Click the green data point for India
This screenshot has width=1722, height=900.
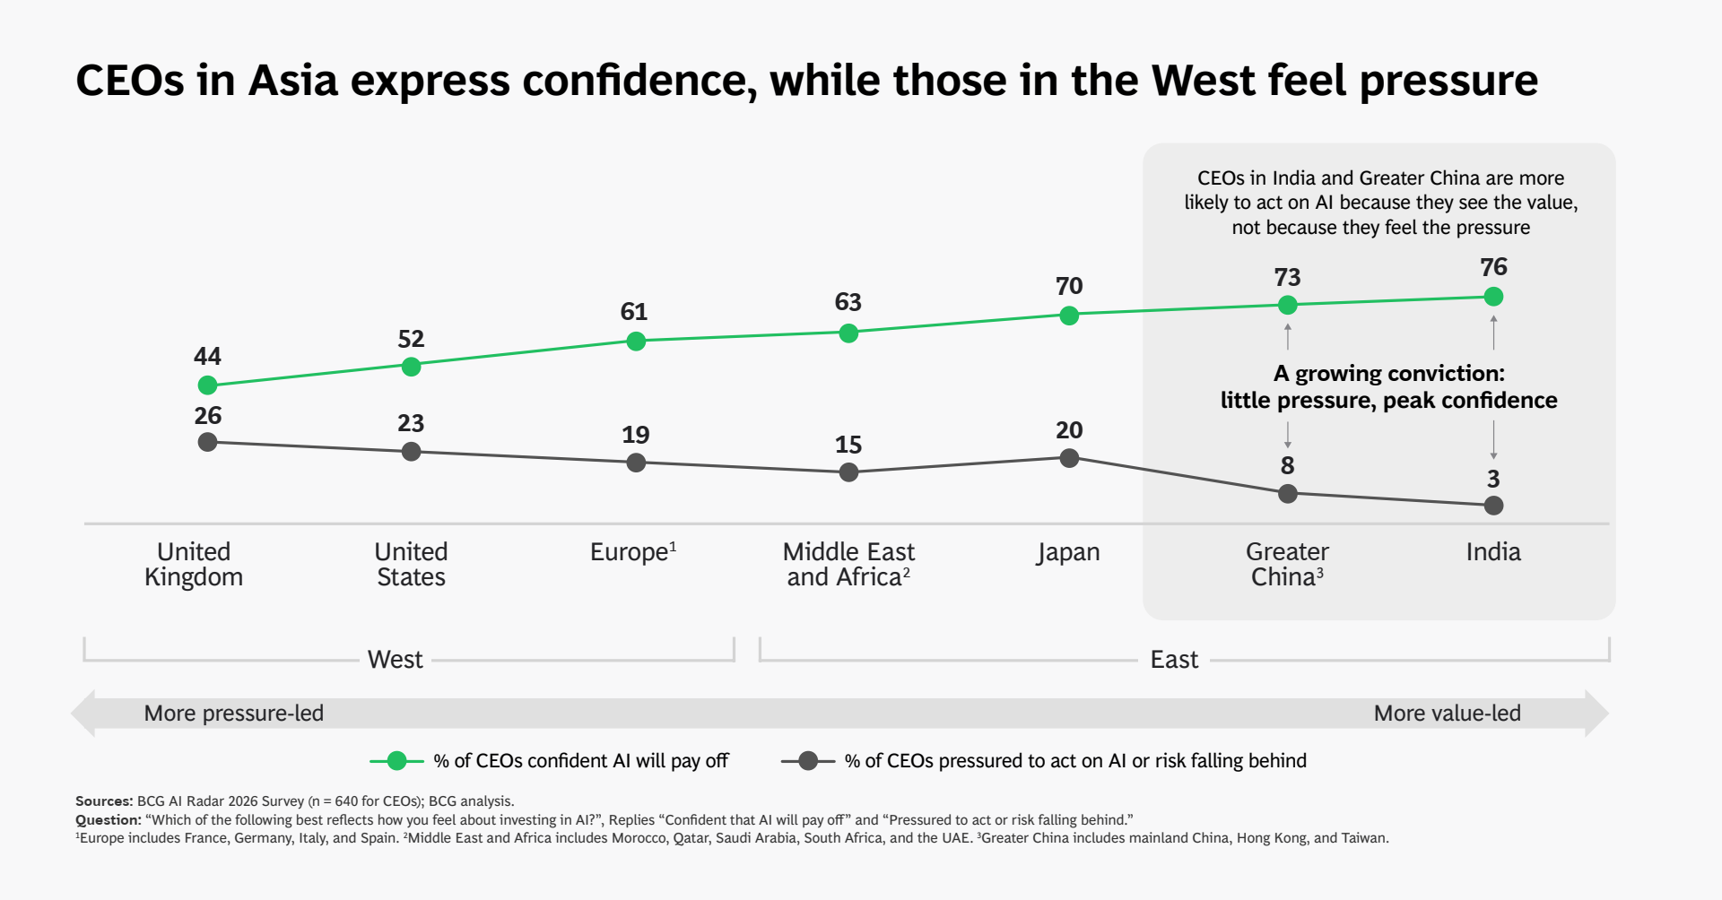(1493, 297)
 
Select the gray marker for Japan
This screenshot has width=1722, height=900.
(1069, 458)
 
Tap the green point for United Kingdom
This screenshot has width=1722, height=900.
(207, 385)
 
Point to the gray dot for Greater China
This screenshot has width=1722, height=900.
(1287, 493)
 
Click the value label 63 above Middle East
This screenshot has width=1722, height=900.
(848, 302)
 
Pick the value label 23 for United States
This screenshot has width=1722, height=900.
(411, 423)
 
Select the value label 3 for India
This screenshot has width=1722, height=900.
(1493, 479)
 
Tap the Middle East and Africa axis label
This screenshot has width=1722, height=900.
(848, 564)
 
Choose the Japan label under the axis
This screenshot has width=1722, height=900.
(1067, 552)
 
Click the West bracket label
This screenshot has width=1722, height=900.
(395, 660)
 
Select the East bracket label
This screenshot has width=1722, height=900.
(1174, 660)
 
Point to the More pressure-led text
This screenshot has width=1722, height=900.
(233, 714)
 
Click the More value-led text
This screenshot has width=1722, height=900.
(1447, 714)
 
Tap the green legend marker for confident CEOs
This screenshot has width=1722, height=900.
(396, 761)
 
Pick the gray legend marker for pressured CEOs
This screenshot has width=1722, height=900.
(808, 761)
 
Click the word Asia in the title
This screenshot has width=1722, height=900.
(293, 81)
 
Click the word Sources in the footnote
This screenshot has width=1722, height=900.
(103, 801)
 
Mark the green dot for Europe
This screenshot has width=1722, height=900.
(636, 342)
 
